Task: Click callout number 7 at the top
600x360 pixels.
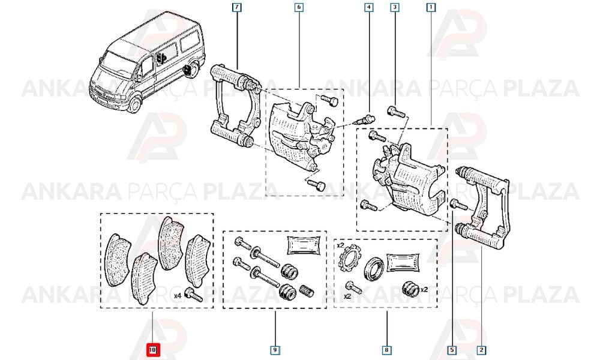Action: pos(237,7)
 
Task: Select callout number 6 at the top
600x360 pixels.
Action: pos(299,7)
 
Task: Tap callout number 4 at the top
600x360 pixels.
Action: pos(368,7)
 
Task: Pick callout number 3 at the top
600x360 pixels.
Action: pos(395,7)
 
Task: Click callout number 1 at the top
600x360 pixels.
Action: pos(431,7)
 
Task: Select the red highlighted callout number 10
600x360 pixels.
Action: pos(152,350)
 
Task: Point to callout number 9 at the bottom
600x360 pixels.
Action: pos(275,350)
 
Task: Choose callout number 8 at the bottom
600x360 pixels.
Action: pos(386,350)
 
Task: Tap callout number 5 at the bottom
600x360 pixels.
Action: pos(452,350)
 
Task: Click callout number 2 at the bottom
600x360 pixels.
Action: pos(481,350)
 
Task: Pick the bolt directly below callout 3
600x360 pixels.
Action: pos(396,112)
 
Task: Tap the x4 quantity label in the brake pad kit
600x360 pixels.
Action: pos(178,296)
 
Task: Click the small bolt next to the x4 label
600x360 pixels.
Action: pos(194,295)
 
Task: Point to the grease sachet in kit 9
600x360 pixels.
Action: pos(304,245)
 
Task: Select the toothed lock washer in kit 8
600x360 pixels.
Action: pos(349,258)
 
